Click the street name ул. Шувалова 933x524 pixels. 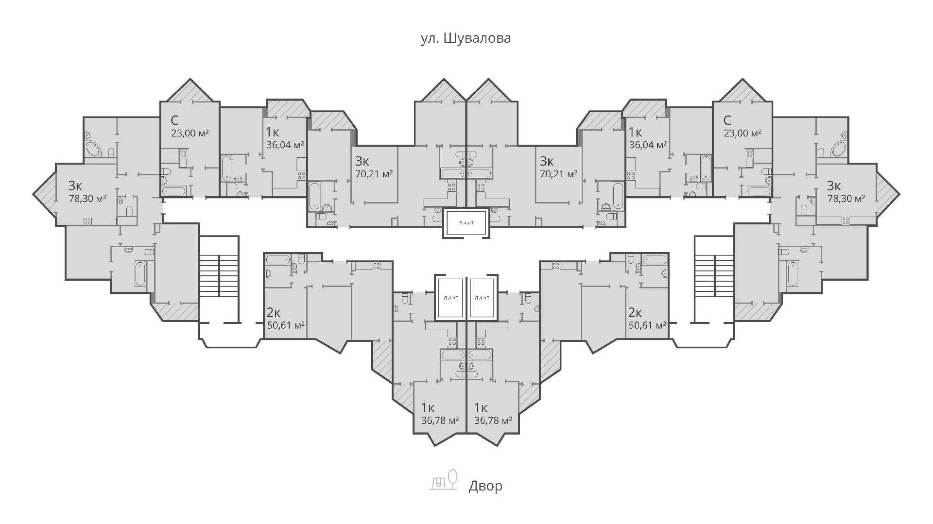tap(466, 38)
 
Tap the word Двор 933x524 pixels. tap(485, 486)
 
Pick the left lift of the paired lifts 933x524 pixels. tap(449, 298)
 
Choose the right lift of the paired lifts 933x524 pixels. tap(482, 298)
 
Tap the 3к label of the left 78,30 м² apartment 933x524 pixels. tap(75, 186)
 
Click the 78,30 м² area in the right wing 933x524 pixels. tap(846, 199)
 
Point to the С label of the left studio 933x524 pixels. tap(175, 120)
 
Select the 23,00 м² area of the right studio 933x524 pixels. tap(743, 133)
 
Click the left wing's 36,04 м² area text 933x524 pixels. tap(285, 145)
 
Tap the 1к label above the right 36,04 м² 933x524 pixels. tap(635, 132)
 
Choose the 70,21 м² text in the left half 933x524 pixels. tap(374, 174)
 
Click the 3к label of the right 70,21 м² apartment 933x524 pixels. tap(547, 161)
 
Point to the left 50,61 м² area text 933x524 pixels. tap(286, 325)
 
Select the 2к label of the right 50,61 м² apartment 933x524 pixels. tap(635, 312)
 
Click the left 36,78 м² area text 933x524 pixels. tap(440, 420)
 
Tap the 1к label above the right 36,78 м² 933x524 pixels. tap(481, 407)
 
